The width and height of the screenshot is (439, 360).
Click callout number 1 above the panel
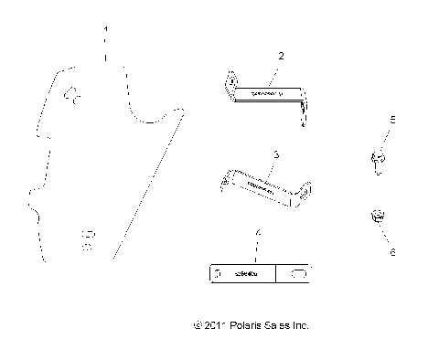point(106,31)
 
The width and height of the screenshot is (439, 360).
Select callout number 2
point(281,56)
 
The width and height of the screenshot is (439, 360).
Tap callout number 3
point(275,155)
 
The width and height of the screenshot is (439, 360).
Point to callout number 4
point(258,234)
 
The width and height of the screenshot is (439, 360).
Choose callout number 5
point(392,120)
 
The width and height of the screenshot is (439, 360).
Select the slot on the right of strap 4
point(300,272)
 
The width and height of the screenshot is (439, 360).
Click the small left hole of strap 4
point(219,272)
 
